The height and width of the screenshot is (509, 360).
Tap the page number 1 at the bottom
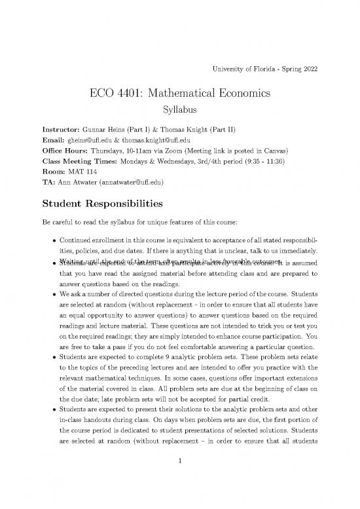[179, 478]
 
